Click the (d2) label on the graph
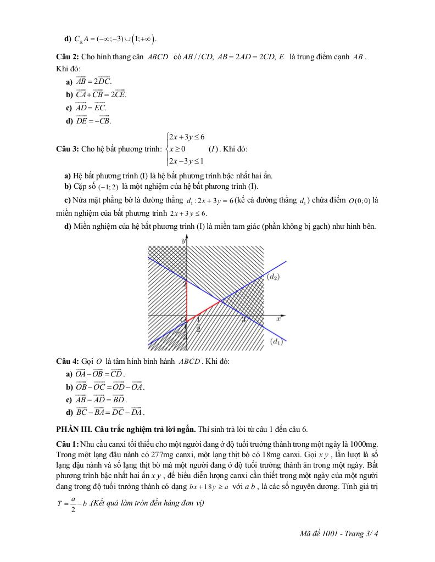click(274, 277)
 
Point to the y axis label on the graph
click(183, 240)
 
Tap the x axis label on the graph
click(278, 318)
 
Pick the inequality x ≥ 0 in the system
click(177, 149)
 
